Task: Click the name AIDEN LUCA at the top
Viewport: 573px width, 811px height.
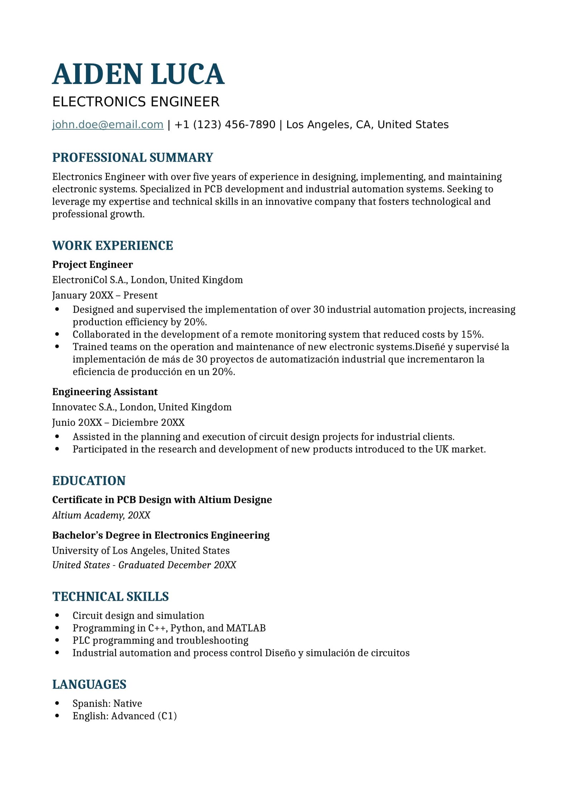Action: (x=138, y=74)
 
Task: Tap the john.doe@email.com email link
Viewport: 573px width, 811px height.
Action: (x=108, y=124)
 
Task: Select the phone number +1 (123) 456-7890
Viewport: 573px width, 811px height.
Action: (x=225, y=124)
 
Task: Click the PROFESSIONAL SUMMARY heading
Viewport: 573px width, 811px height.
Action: (x=133, y=157)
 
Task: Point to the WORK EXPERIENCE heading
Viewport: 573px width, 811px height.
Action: (x=112, y=245)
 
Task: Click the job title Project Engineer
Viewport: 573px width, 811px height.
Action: (x=92, y=264)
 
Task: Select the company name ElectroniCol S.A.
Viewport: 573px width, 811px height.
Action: (x=90, y=280)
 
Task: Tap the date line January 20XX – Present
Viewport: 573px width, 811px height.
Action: (x=105, y=295)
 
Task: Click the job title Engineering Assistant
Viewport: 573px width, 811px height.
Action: (x=105, y=392)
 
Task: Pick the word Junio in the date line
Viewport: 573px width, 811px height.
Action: (x=64, y=423)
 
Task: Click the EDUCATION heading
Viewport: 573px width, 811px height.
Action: (x=89, y=481)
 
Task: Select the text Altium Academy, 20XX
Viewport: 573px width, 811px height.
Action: (x=101, y=515)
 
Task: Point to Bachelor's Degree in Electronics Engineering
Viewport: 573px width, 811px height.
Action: (x=161, y=535)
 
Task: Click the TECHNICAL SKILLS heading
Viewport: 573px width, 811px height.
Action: (x=110, y=596)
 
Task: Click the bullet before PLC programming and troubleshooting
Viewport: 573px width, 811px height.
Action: (x=57, y=640)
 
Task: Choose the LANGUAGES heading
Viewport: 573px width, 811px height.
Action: (x=89, y=684)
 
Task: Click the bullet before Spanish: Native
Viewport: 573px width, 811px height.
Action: (x=57, y=703)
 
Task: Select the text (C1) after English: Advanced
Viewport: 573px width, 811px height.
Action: (x=167, y=716)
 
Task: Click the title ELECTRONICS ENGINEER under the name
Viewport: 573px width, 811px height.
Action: (x=136, y=102)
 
